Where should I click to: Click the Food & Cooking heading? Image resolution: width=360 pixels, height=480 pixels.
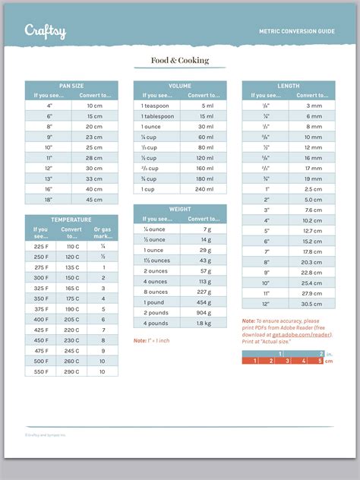click(179, 61)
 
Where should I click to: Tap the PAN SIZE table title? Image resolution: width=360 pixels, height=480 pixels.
click(71, 86)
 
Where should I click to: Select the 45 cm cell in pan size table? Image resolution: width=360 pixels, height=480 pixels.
click(94, 200)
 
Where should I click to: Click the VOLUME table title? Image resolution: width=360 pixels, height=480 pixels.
click(180, 86)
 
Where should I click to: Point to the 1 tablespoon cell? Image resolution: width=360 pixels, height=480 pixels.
click(157, 116)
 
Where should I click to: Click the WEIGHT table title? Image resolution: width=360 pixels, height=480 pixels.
click(180, 208)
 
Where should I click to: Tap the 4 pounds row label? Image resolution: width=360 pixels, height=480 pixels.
click(157, 323)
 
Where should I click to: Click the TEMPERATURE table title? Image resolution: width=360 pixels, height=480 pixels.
click(71, 219)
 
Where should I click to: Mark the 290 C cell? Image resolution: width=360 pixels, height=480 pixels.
click(72, 371)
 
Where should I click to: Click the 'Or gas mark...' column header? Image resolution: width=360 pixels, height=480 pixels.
click(103, 232)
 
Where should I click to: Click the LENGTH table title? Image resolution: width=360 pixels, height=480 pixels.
click(289, 86)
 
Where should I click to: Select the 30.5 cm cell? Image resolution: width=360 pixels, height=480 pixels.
click(312, 304)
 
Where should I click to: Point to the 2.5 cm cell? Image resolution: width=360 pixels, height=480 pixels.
click(312, 188)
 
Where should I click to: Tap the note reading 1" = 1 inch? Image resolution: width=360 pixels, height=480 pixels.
click(152, 340)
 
